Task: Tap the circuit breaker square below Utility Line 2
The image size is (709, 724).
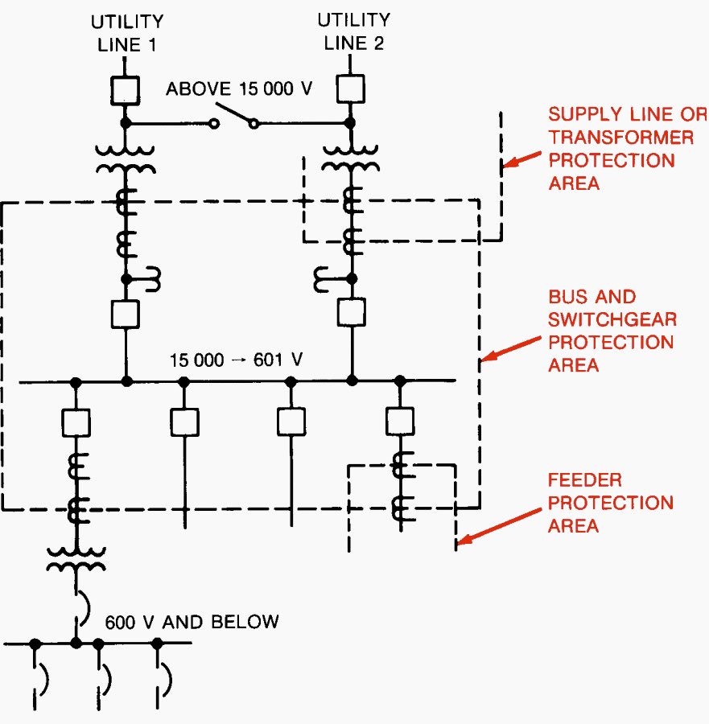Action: click(x=350, y=88)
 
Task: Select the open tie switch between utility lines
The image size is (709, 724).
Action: click(x=234, y=117)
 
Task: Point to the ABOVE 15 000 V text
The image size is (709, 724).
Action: click(x=239, y=88)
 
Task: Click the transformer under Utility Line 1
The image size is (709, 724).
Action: click(x=126, y=158)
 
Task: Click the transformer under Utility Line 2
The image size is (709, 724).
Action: click(x=351, y=158)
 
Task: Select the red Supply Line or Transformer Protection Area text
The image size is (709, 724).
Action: click(x=619, y=149)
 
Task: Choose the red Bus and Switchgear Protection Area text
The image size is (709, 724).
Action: click(x=612, y=331)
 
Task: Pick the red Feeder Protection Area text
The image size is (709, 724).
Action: click(x=611, y=503)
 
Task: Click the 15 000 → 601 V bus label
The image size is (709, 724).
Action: click(x=236, y=360)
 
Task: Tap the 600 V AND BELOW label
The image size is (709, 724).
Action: click(x=191, y=621)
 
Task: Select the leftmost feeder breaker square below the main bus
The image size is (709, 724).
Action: click(x=76, y=422)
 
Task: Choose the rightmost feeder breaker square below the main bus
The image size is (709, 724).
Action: click(x=399, y=420)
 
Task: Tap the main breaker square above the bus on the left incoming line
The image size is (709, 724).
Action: click(x=126, y=312)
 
